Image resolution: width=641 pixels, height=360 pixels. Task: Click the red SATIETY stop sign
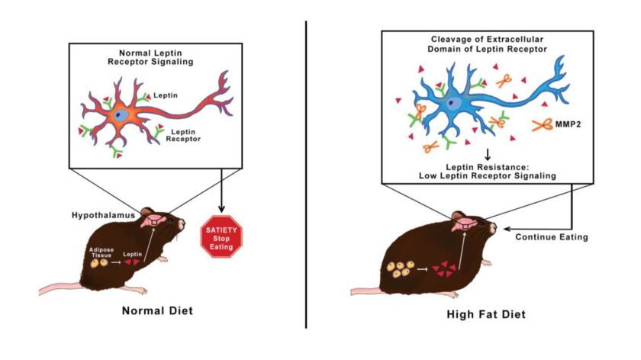221,237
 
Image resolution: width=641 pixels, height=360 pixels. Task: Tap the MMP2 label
568,124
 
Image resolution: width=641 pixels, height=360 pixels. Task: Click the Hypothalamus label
104,215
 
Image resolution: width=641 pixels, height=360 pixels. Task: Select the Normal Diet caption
157,311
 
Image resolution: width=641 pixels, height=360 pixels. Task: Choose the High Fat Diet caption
486,314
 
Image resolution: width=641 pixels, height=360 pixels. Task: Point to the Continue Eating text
552,237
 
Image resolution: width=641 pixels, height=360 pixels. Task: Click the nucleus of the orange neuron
119,115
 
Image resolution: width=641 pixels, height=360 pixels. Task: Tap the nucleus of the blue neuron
452,103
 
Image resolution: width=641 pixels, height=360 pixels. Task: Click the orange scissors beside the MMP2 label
543,125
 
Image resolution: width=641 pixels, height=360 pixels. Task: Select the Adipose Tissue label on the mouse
101,252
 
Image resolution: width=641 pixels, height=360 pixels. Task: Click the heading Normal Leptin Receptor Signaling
150,58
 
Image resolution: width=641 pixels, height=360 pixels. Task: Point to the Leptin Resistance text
488,167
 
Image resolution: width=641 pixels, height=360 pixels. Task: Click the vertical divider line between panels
306,175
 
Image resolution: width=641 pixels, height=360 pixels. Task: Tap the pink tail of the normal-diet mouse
60,288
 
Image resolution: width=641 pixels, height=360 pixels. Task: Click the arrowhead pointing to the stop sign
221,208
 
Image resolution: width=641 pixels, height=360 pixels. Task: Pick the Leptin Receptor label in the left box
183,135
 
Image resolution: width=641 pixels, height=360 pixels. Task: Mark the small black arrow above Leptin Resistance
488,155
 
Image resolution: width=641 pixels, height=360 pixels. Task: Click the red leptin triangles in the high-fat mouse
445,270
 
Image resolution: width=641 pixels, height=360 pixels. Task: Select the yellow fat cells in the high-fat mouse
400,270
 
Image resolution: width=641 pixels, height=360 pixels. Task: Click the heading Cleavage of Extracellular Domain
487,44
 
